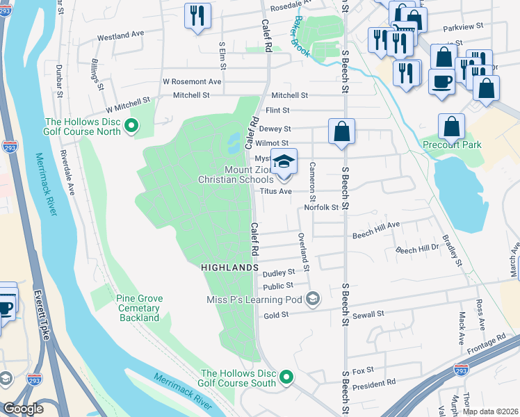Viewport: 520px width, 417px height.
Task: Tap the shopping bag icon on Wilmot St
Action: [x=341, y=131]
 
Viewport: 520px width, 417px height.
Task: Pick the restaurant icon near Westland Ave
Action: [x=197, y=16]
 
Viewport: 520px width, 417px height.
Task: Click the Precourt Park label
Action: [x=452, y=145]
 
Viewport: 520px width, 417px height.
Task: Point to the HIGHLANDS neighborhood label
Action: [x=229, y=267]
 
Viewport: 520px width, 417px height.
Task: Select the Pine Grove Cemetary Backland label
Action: [x=139, y=308]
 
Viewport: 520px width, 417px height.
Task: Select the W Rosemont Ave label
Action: [x=191, y=81]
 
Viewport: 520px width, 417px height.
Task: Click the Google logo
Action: [x=23, y=409]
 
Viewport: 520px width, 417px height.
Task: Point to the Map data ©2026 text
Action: [x=489, y=411]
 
